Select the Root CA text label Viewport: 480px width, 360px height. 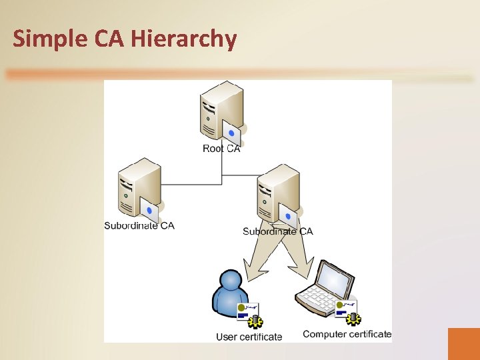[x=221, y=149]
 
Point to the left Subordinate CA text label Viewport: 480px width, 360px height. [x=139, y=225]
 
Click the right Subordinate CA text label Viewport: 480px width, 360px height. [x=277, y=231]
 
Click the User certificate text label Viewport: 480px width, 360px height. [x=249, y=337]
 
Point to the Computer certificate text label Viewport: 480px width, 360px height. [x=347, y=334]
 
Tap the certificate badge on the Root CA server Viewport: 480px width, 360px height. [x=231, y=132]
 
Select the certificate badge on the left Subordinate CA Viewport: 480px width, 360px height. [x=150, y=210]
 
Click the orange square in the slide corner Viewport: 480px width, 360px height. [x=463, y=343]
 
